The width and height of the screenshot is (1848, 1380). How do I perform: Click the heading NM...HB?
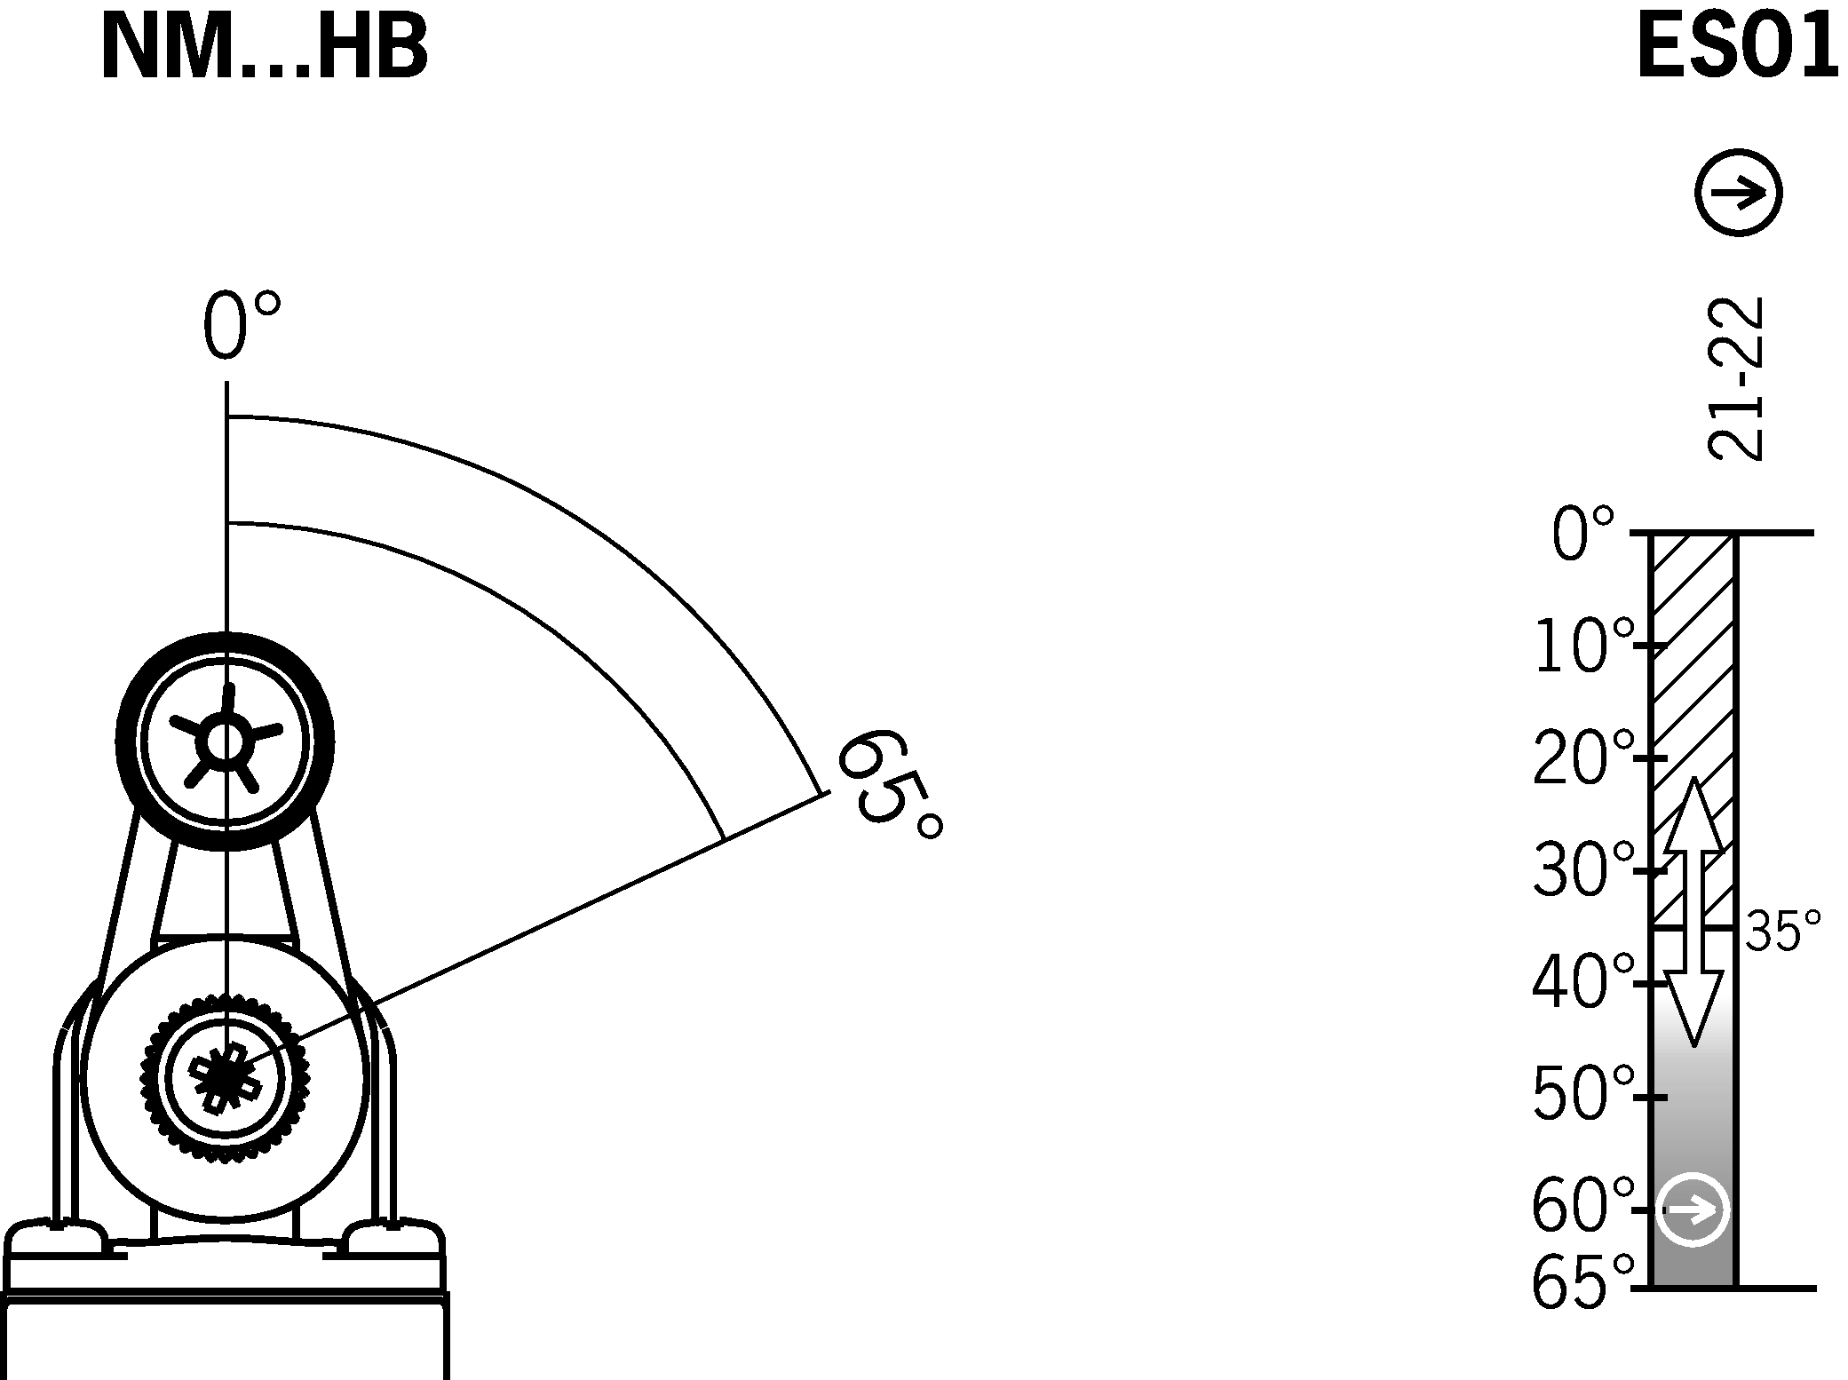pos(265,48)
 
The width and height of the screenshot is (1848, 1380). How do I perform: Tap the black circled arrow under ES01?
pos(1738,192)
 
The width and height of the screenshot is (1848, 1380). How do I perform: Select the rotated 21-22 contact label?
pos(1734,378)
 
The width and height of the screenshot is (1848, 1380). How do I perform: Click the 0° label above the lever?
pos(242,326)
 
